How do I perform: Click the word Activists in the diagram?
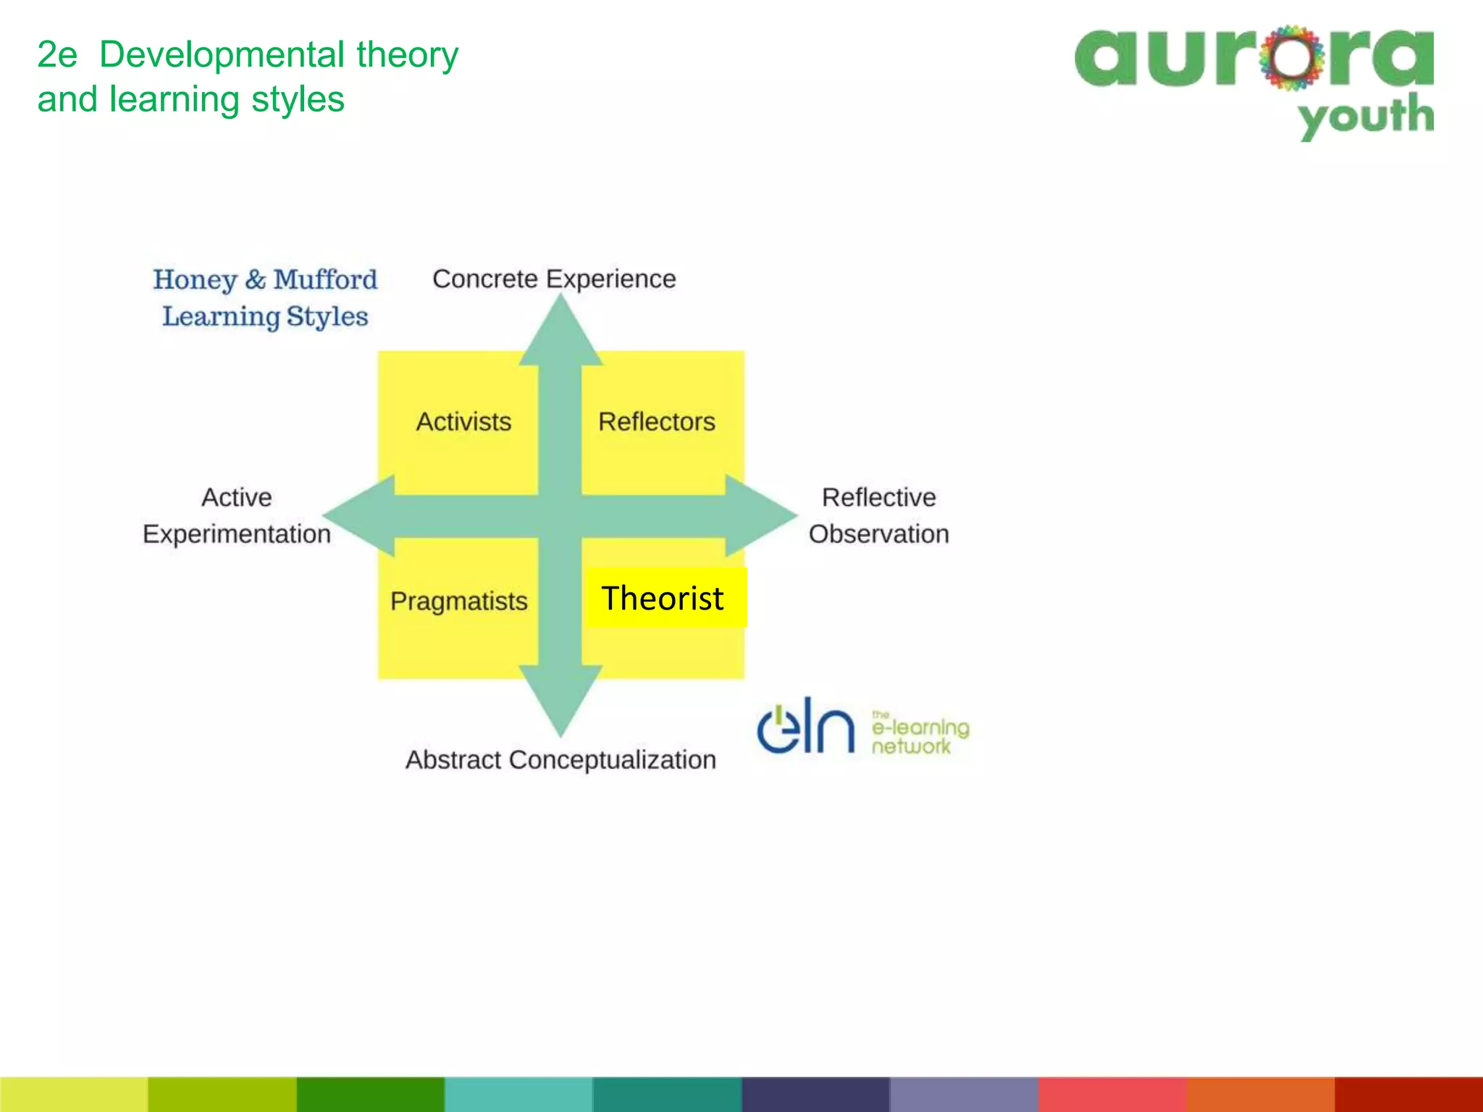point(463,421)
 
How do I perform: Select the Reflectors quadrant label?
point(656,421)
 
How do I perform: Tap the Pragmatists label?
point(458,601)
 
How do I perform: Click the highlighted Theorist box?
point(663,598)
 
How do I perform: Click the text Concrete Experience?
point(554,279)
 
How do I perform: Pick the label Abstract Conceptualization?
point(560,759)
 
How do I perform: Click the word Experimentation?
point(236,534)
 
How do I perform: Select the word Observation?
point(878,534)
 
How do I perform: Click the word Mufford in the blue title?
point(325,279)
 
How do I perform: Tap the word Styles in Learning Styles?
point(327,316)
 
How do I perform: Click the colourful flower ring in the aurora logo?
point(1291,58)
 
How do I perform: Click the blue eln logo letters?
point(805,727)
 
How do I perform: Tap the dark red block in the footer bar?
point(1408,1094)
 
